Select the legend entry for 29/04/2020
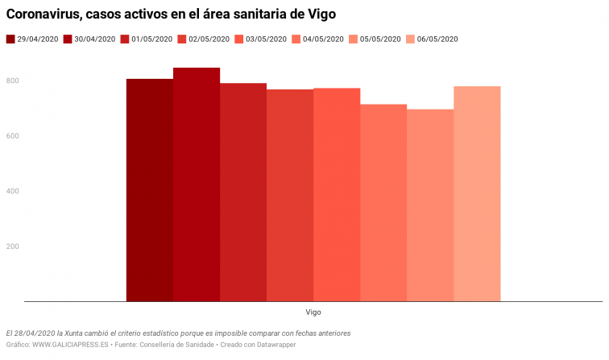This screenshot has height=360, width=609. click(32, 39)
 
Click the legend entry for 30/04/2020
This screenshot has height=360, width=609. click(89, 39)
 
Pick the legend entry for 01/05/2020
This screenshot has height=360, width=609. click(147, 39)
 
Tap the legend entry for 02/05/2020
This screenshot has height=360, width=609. click(204, 39)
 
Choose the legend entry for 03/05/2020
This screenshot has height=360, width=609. click(261, 39)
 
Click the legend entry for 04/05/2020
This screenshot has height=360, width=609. click(318, 39)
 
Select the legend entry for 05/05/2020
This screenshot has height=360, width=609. click(375, 39)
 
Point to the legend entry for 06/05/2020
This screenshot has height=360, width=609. click(433, 39)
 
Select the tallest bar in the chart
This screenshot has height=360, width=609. click(196, 184)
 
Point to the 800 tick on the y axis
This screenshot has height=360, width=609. click(13, 81)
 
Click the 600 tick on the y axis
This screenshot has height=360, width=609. click(13, 136)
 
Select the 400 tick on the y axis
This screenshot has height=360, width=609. click(13, 191)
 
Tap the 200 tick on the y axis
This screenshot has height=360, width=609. click(13, 246)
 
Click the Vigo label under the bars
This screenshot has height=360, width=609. click(313, 312)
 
